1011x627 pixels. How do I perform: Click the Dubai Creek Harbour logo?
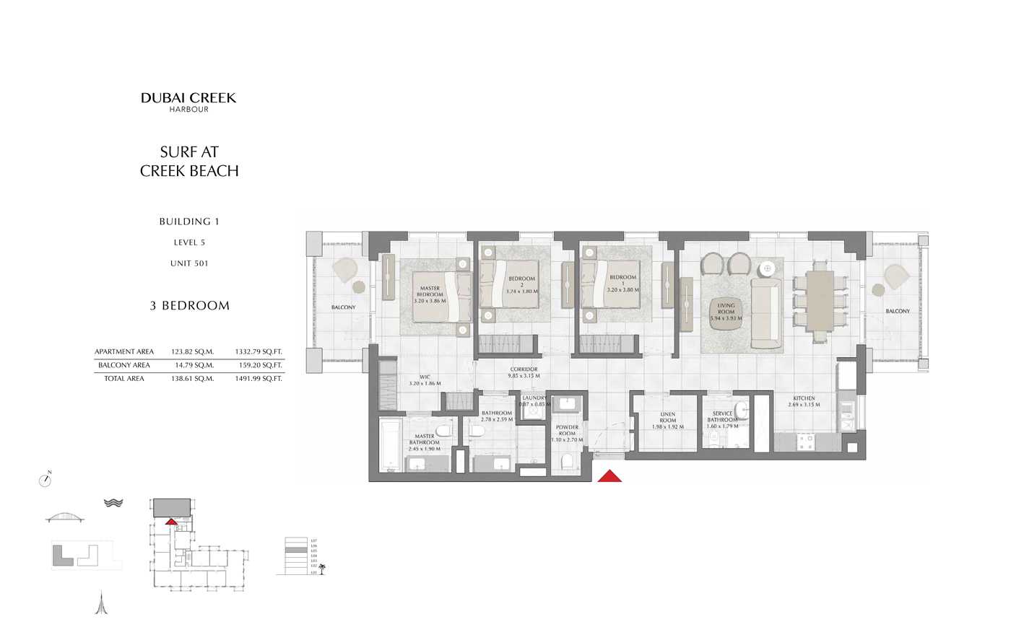[188, 102]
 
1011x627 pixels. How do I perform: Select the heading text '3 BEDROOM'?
[189, 306]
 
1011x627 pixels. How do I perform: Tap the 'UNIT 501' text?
[189, 263]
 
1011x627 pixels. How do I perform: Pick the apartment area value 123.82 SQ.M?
[192, 352]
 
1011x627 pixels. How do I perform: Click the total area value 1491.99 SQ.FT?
[258, 379]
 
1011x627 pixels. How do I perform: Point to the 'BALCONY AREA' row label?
[124, 365]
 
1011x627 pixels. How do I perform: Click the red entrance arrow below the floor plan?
[609, 475]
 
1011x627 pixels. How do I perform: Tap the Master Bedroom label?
[430, 294]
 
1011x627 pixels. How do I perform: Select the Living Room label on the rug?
[726, 312]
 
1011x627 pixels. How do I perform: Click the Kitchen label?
[804, 401]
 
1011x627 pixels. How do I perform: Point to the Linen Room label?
[667, 421]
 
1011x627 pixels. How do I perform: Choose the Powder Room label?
[567, 433]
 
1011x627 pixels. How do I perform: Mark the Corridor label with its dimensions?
[524, 372]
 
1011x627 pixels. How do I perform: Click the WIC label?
[425, 380]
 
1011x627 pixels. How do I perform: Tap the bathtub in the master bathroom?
[389, 444]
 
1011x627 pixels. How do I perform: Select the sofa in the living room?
[765, 313]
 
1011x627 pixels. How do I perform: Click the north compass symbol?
[45, 480]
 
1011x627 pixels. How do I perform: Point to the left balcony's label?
[344, 307]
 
